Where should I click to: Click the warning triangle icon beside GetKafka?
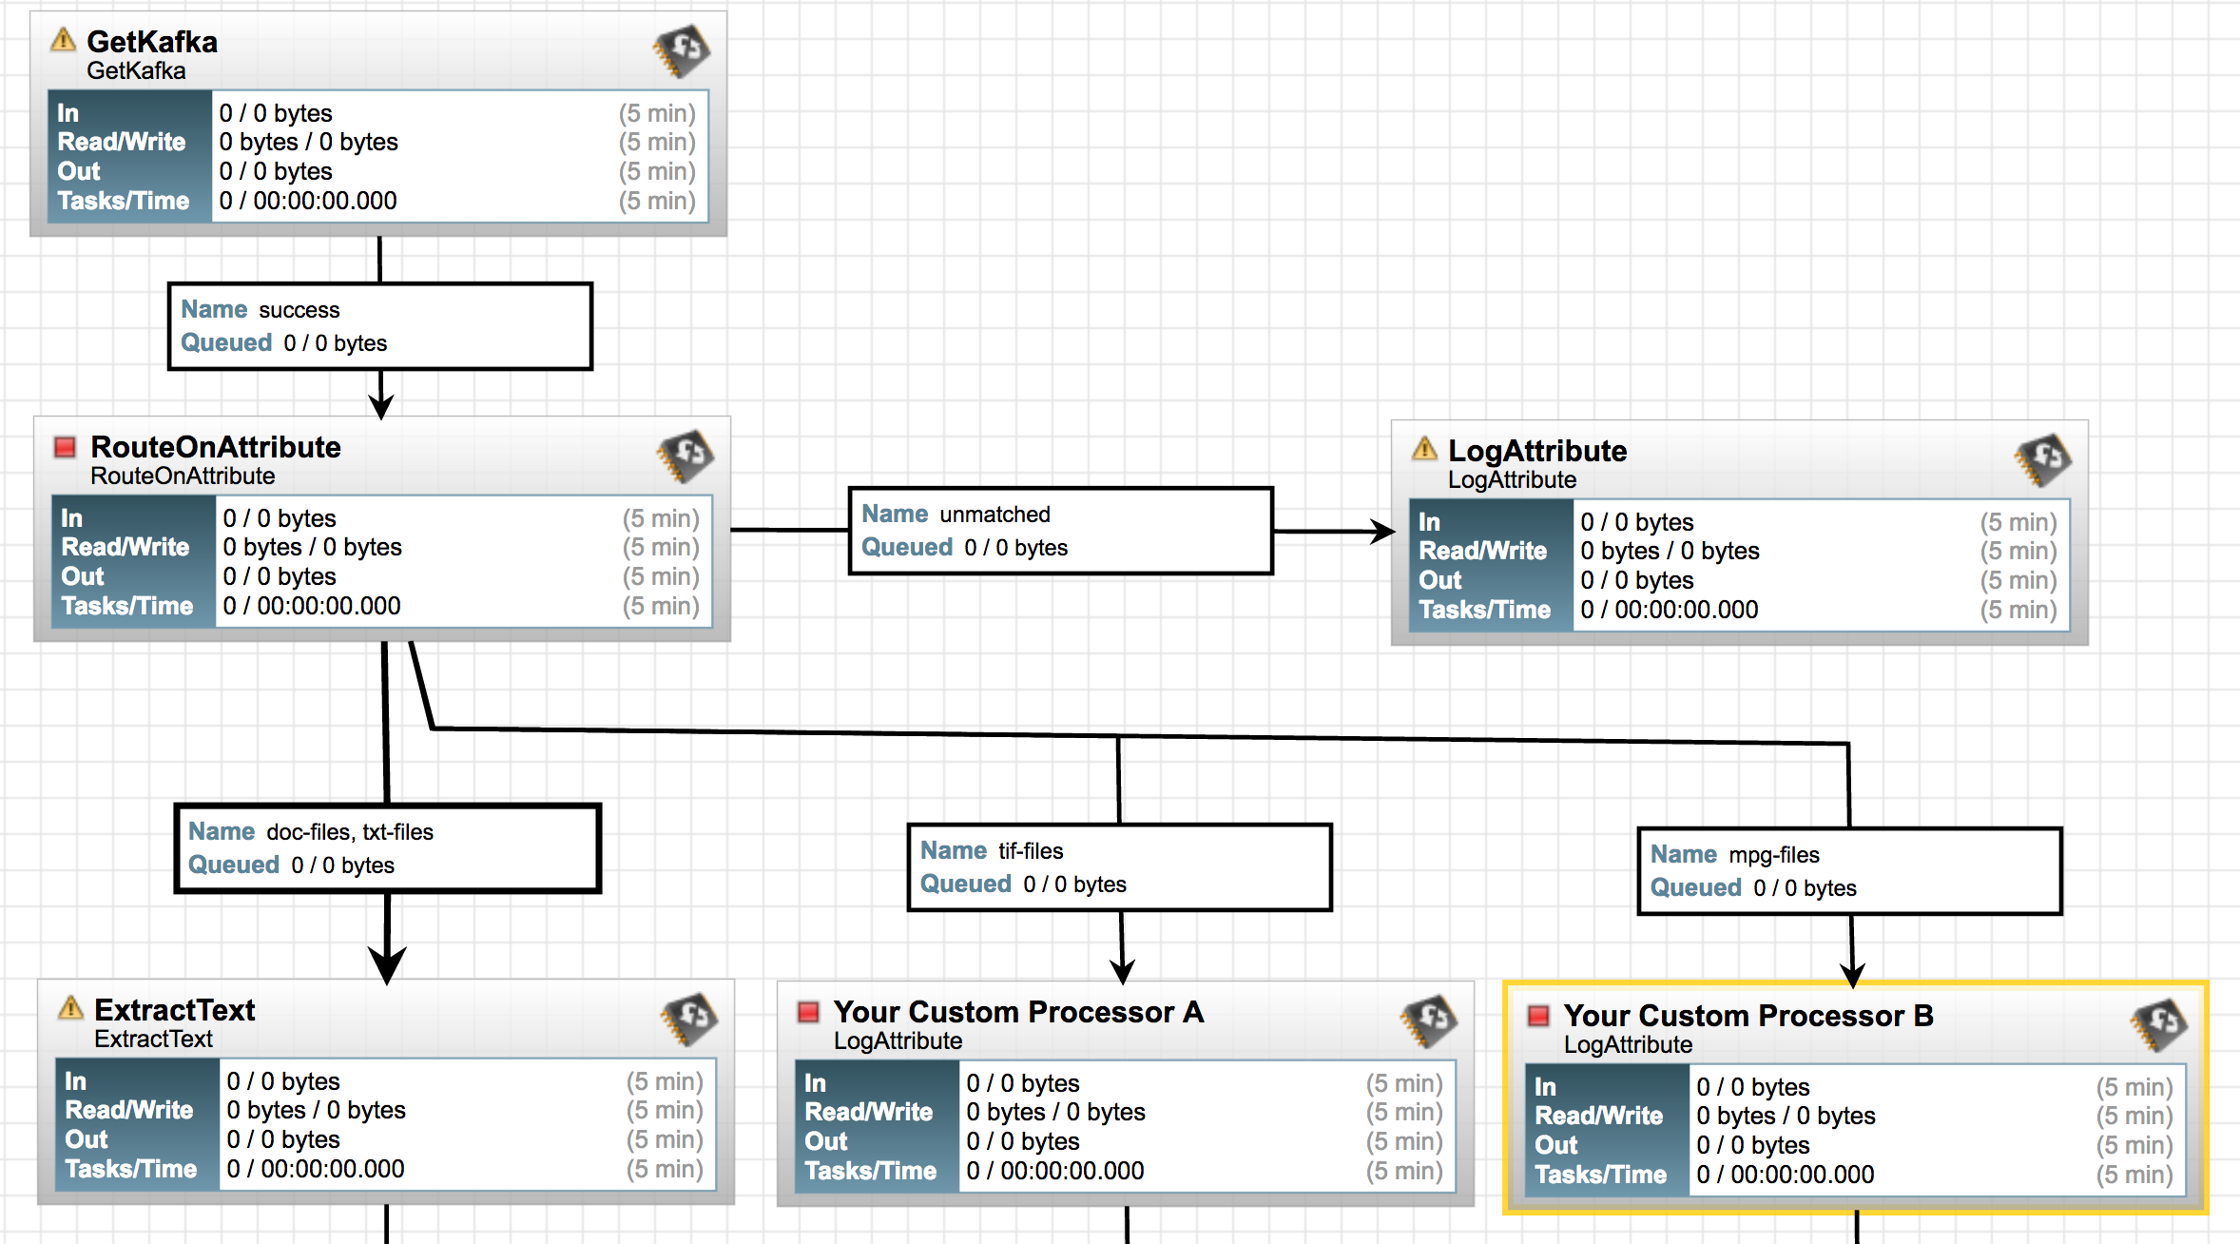point(63,40)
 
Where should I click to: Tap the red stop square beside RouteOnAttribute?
point(65,446)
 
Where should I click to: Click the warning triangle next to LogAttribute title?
point(1424,449)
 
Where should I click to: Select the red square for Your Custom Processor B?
point(1537,1015)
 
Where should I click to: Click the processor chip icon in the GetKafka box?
point(682,50)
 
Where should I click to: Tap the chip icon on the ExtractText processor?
point(689,1020)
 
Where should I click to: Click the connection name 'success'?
point(299,310)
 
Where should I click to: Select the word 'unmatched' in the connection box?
point(994,515)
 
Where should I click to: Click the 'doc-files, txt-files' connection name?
point(349,832)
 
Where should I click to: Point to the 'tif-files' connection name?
point(1031,851)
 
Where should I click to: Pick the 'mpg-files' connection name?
point(1773,855)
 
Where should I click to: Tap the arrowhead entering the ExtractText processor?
point(388,965)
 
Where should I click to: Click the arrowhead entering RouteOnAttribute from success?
point(381,406)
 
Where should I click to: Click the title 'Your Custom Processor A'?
point(1018,1012)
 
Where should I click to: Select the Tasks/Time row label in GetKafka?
point(124,201)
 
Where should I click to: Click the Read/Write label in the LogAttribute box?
point(1482,551)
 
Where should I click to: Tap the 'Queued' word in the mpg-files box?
point(1695,887)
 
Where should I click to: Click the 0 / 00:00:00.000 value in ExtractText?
point(316,1169)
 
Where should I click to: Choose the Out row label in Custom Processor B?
point(1555,1145)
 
